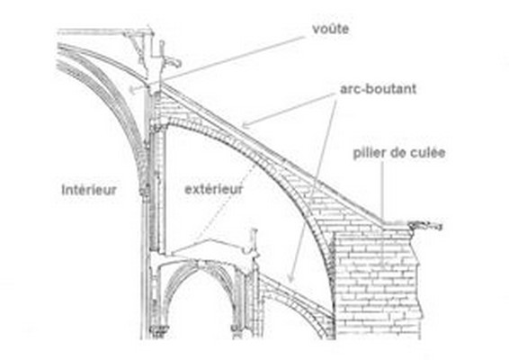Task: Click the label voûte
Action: coord(330,29)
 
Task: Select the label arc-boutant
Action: coord(378,89)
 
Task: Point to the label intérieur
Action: coord(89,189)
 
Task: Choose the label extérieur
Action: coord(214,189)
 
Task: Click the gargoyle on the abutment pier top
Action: coord(425,225)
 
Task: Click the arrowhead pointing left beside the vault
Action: coord(132,89)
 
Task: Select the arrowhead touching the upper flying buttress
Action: coord(246,125)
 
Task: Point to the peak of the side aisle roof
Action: coord(210,239)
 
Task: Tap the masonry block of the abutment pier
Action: coord(377,283)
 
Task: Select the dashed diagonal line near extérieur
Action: coord(228,202)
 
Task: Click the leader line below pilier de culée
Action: coord(382,191)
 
